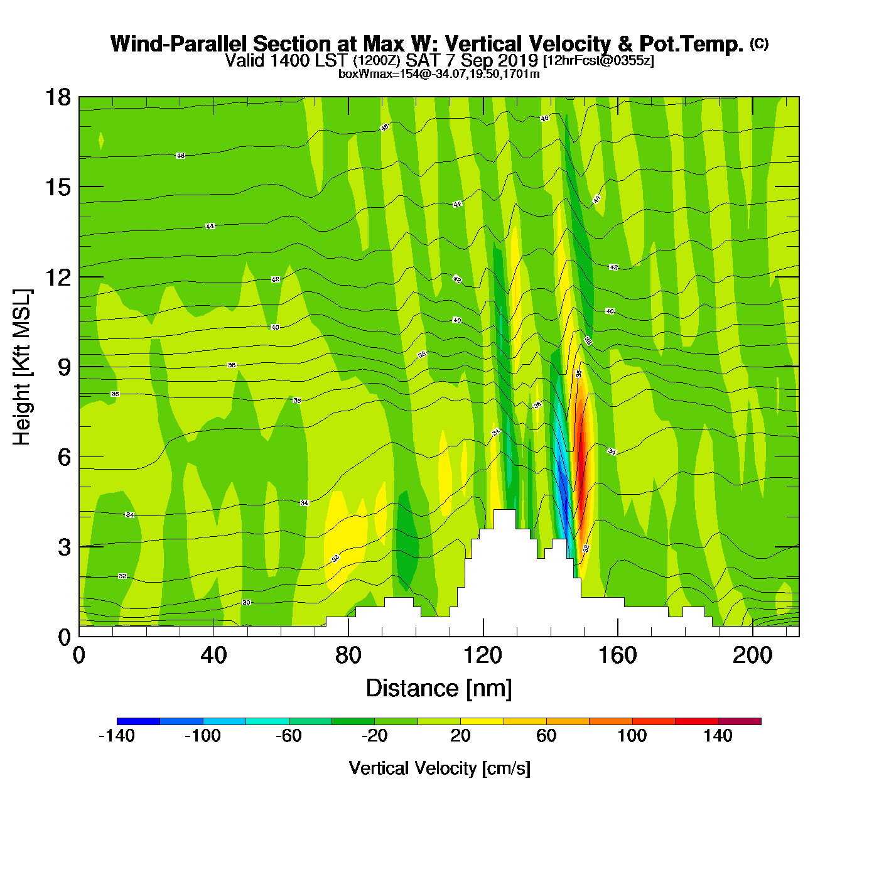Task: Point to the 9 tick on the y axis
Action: pyautogui.click(x=65, y=367)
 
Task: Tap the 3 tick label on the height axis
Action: pyautogui.click(x=65, y=547)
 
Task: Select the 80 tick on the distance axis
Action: pyautogui.click(x=348, y=655)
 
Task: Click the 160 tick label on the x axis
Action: pyautogui.click(x=617, y=655)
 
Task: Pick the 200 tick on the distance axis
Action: pyautogui.click(x=752, y=655)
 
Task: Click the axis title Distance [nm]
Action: pyautogui.click(x=439, y=688)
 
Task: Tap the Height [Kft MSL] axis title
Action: pyautogui.click(x=23, y=367)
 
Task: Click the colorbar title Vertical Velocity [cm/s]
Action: pyautogui.click(x=439, y=768)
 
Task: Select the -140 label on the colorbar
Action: pyautogui.click(x=117, y=736)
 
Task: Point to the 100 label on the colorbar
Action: pyautogui.click(x=632, y=736)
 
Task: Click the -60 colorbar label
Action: pyautogui.click(x=289, y=736)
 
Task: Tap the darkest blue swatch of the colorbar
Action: pyautogui.click(x=138, y=721)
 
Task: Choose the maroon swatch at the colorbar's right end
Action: pyautogui.click(x=740, y=721)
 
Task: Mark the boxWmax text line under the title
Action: pyautogui.click(x=439, y=73)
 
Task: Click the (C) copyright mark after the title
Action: pyautogui.click(x=759, y=43)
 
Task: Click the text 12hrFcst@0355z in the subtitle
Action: pyautogui.click(x=598, y=61)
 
